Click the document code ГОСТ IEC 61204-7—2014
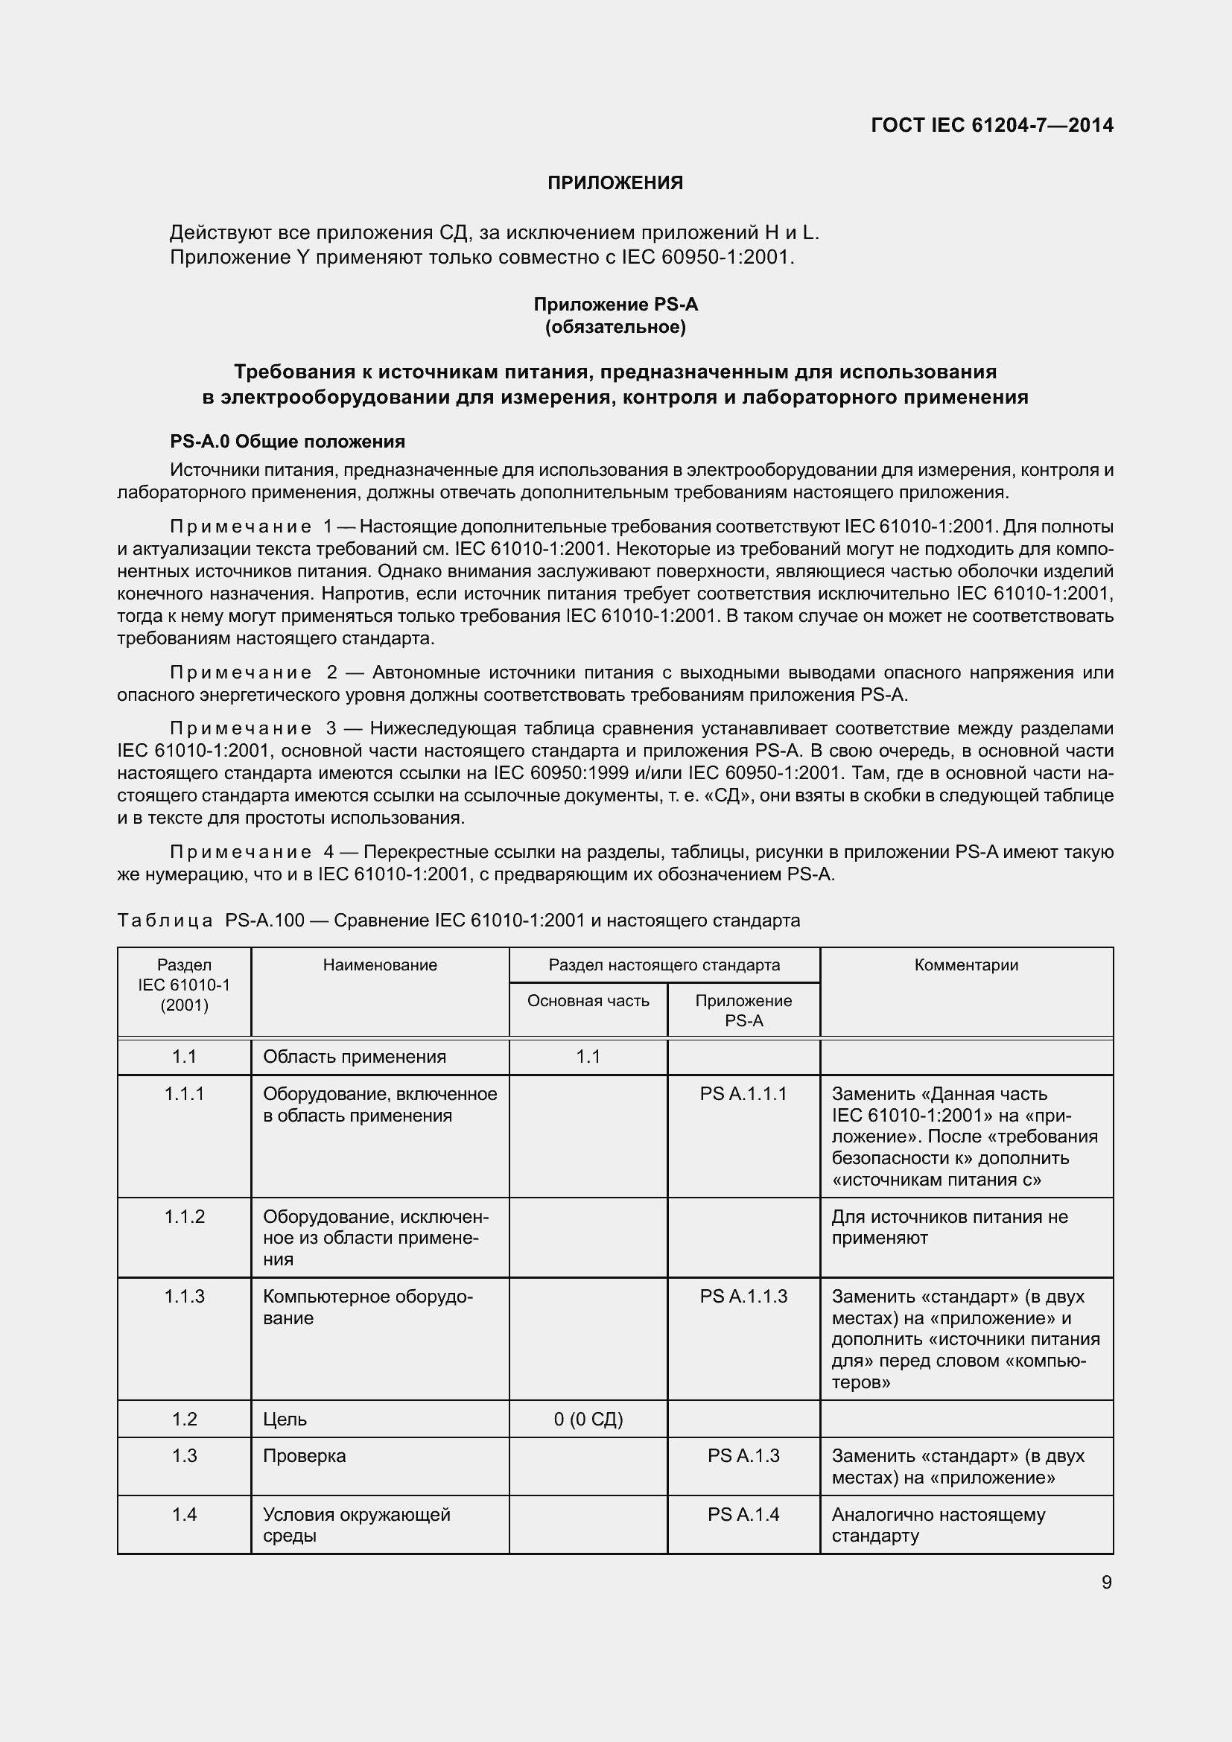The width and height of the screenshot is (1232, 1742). [x=991, y=125]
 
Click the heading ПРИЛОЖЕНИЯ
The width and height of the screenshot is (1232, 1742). [x=615, y=183]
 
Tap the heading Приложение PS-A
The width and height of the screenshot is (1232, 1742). [x=615, y=305]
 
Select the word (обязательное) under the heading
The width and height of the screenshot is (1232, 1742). [x=615, y=327]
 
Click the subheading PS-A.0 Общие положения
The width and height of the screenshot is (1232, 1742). [x=288, y=442]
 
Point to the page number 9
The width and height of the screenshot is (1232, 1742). [x=1106, y=1582]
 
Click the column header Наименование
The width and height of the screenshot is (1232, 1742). [x=380, y=965]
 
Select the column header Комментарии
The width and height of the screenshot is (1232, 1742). [x=966, y=965]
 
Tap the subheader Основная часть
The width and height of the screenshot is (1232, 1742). [x=588, y=1001]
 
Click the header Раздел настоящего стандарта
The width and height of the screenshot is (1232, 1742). [x=664, y=965]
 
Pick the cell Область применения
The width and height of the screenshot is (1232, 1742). [x=355, y=1057]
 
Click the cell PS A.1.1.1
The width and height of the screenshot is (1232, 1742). [x=743, y=1094]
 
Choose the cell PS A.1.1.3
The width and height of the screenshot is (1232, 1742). [x=743, y=1297]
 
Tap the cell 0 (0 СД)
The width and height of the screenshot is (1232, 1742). [x=588, y=1420]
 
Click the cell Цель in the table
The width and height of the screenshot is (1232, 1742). [x=285, y=1420]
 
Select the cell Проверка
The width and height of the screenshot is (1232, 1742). [x=304, y=1456]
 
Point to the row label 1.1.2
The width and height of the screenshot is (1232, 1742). [x=184, y=1217]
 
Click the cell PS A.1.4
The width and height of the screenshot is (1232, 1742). [x=743, y=1514]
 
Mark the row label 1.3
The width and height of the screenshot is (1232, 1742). [x=184, y=1456]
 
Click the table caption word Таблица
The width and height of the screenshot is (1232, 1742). [x=165, y=921]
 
